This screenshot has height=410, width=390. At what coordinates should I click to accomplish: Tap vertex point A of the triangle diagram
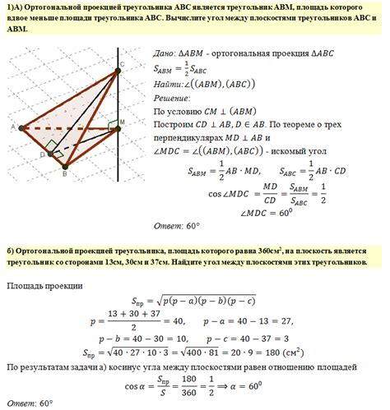pyautogui.click(x=20, y=128)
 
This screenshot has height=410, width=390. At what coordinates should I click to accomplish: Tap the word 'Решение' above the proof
pyautogui.click(x=172, y=96)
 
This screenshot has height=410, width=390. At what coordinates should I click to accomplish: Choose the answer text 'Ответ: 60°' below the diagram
pyautogui.click(x=177, y=225)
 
